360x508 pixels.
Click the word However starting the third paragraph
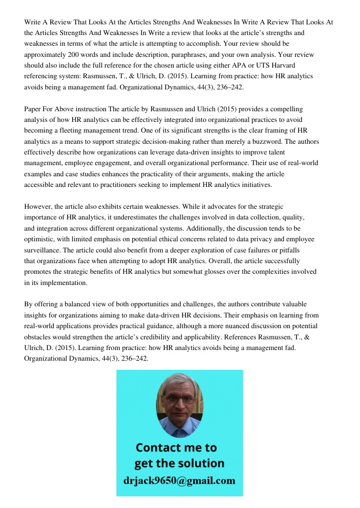point(38,207)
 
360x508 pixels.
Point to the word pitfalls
point(288,250)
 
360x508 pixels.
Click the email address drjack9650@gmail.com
point(179,481)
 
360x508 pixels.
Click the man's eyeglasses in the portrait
point(179,399)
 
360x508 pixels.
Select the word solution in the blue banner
point(201,463)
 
